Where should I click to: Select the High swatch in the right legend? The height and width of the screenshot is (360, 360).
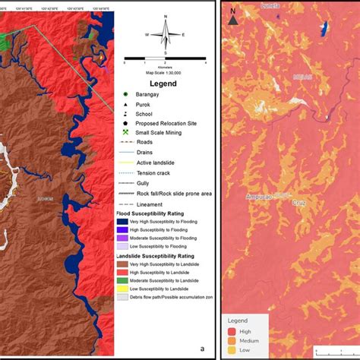[x=232, y=330]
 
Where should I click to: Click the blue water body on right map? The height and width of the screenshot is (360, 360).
[x=326, y=28]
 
